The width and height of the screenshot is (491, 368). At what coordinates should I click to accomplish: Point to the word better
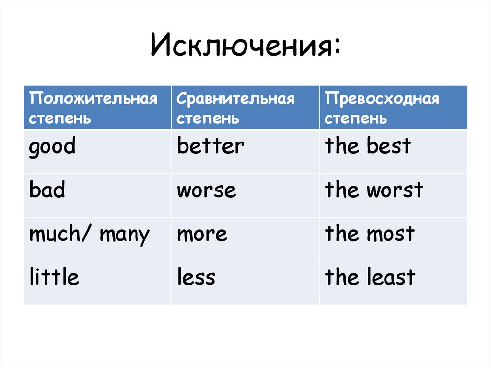click(x=210, y=146)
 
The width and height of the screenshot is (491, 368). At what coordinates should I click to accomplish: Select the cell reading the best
click(x=368, y=146)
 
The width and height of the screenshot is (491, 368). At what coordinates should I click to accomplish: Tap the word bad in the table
click(x=47, y=190)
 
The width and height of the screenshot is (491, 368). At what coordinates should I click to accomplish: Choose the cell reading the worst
click(x=374, y=190)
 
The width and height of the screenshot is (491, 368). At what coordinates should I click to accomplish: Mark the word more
click(x=202, y=235)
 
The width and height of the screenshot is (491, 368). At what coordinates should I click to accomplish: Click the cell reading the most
click(x=370, y=234)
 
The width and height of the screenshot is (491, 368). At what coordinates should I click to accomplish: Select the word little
click(x=54, y=277)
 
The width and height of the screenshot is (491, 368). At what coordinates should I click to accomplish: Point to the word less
click(x=196, y=277)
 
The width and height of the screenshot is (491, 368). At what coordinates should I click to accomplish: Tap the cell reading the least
click(x=370, y=277)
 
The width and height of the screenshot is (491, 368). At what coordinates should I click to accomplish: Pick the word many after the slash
click(x=125, y=235)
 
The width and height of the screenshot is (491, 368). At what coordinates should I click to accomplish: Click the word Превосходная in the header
click(x=382, y=99)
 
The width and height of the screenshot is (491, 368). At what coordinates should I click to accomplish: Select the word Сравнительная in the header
click(x=235, y=99)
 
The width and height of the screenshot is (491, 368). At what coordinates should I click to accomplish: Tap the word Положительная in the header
click(x=93, y=99)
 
